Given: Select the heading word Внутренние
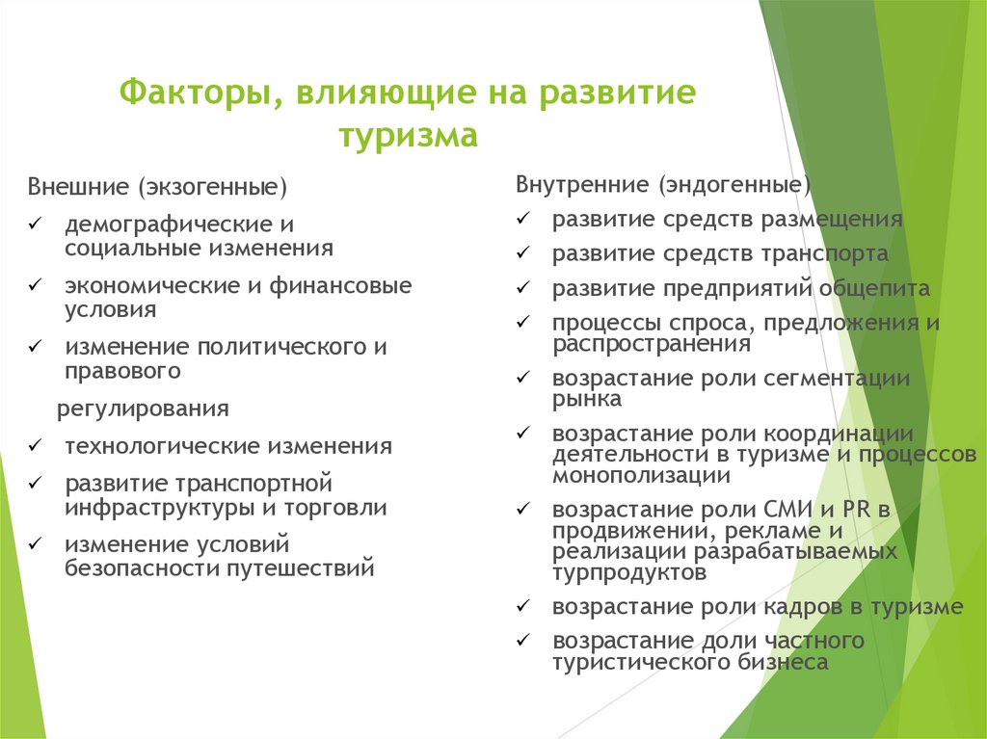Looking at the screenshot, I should [x=571, y=183].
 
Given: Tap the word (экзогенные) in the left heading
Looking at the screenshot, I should [x=211, y=185].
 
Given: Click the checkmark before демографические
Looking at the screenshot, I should [x=34, y=224].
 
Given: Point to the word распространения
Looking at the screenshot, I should [x=652, y=343].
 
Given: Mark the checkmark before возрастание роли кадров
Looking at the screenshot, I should [x=521, y=606].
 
